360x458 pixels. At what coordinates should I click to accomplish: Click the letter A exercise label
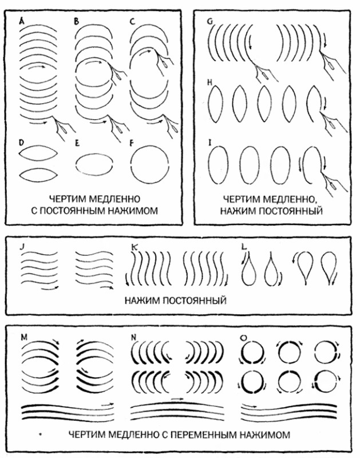21,21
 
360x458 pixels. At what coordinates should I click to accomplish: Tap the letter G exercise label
209,22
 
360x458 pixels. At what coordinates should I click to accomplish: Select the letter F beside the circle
132,143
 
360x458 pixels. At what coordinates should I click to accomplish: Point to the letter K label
134,247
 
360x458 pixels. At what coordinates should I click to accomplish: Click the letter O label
243,338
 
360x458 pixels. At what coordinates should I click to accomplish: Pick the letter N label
134,337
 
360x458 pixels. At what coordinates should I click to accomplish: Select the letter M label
24,337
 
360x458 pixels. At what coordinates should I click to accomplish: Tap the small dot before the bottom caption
41,435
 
